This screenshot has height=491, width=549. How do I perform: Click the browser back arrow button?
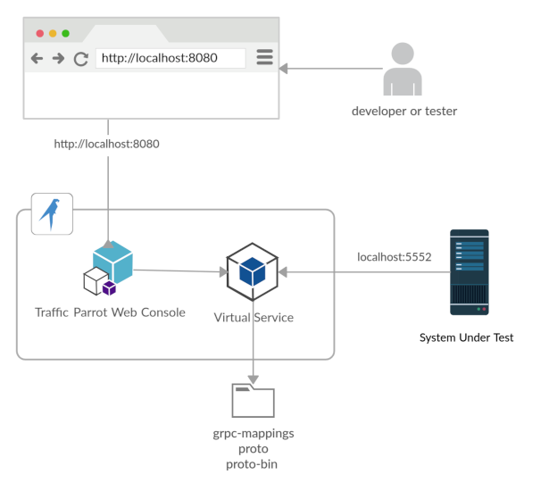[x=37, y=58]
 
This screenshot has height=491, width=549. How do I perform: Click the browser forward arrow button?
[x=58, y=58]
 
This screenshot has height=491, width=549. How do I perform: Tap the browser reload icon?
[x=80, y=59]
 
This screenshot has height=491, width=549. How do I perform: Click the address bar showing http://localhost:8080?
[x=170, y=58]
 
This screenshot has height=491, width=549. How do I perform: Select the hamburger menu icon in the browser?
[x=264, y=57]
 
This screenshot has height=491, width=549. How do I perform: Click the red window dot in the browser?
[x=39, y=33]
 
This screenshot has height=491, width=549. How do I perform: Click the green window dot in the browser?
[x=65, y=33]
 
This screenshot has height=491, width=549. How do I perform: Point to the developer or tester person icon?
[x=402, y=70]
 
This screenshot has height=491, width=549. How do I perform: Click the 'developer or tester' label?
[x=403, y=112]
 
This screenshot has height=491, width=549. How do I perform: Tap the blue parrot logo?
[x=52, y=213]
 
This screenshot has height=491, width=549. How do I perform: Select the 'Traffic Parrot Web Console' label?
[x=110, y=312]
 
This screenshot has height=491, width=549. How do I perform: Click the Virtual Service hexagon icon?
[x=253, y=271]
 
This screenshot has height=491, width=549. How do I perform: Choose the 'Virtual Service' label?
[x=254, y=317]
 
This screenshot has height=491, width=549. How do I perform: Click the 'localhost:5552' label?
[x=394, y=257]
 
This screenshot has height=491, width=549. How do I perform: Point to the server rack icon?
[x=469, y=272]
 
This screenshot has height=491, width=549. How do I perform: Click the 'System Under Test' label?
[x=467, y=338]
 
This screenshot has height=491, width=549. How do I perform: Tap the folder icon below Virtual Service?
[x=253, y=400]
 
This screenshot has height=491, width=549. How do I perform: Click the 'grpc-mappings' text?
[x=254, y=434]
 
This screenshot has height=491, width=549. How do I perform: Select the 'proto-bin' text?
[x=254, y=464]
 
